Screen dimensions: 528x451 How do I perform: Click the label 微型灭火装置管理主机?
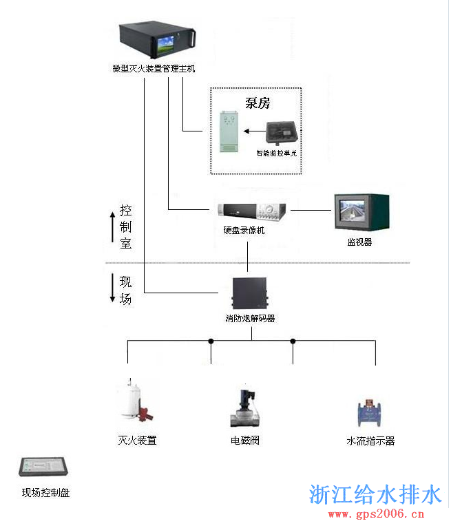(154, 69)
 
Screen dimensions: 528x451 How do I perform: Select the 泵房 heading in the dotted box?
(257, 103)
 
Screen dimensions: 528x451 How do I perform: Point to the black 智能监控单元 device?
(281, 132)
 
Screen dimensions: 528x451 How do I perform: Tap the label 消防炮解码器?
(250, 319)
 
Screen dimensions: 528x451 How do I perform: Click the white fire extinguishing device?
(135, 401)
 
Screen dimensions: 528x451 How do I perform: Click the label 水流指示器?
(370, 441)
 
